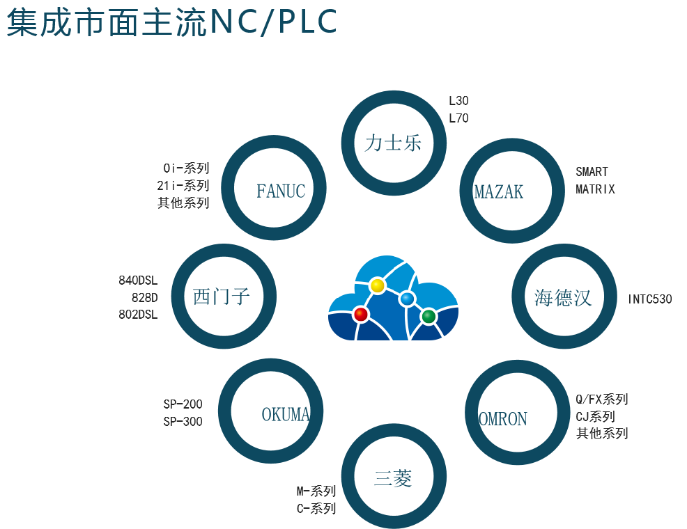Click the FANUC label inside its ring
[x=281, y=191]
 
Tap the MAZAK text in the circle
[x=498, y=191]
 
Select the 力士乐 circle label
[x=393, y=143]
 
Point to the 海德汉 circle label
[x=563, y=298]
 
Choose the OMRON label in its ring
[x=503, y=419]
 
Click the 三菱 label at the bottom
[x=393, y=478]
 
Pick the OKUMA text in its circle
[x=285, y=414]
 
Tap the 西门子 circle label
[x=222, y=297]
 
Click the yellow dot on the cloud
[x=377, y=285]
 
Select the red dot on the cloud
[x=360, y=314]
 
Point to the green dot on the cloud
[x=429, y=317]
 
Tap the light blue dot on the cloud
[x=408, y=299]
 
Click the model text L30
[x=458, y=101]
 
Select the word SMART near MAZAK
[x=592, y=171]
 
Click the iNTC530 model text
[x=649, y=299]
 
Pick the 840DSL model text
[x=139, y=281]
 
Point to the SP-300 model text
[x=183, y=421]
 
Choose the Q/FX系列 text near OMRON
[x=601, y=400]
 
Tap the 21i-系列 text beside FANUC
[x=183, y=185]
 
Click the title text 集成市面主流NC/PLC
[x=171, y=23]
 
